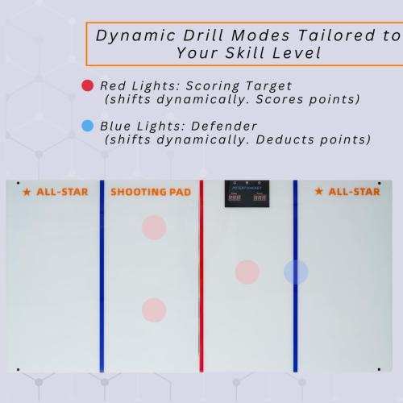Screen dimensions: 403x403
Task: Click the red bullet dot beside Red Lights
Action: click(87, 85)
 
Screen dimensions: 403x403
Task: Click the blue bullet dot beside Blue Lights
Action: click(87, 127)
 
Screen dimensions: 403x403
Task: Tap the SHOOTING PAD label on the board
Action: click(151, 192)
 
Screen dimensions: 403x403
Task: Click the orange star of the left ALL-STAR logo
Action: click(27, 192)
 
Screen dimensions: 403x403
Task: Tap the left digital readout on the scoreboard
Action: click(235, 196)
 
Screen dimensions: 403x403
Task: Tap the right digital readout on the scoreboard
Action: click(260, 196)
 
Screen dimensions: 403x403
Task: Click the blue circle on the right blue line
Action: click(296, 272)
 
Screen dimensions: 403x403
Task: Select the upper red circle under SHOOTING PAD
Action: click(153, 227)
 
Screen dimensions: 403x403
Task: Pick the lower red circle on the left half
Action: click(153, 310)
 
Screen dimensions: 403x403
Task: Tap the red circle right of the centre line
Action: click(247, 272)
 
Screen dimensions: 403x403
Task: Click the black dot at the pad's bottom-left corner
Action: click(18, 369)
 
